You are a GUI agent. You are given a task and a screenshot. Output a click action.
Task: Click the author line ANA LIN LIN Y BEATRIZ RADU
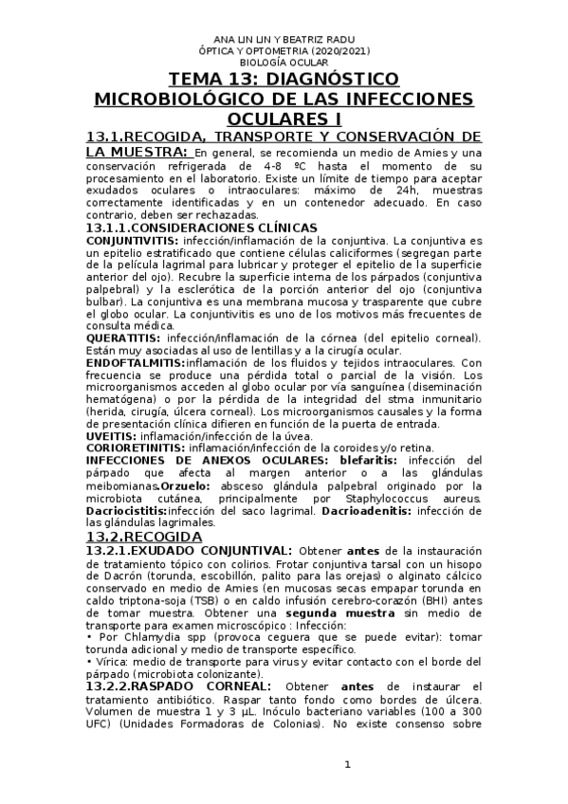[285, 38]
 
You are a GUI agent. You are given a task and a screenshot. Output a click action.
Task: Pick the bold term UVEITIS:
[110, 436]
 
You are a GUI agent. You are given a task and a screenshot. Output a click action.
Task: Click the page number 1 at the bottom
[347, 765]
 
